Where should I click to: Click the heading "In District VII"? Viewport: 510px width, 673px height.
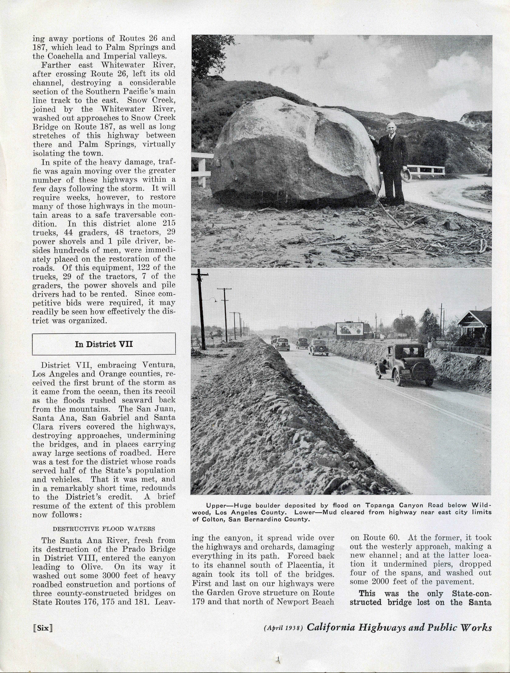pyautogui.click(x=104, y=344)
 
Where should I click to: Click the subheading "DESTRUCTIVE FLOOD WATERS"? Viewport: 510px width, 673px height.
pyautogui.click(x=104, y=528)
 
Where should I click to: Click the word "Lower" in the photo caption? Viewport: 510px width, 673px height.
pyautogui.click(x=308, y=512)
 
